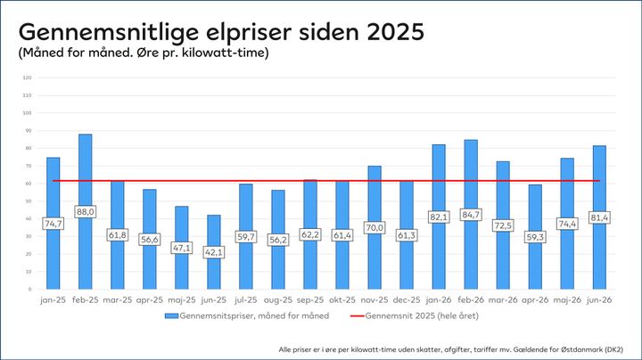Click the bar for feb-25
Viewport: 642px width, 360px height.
pyautogui.click(x=86, y=211)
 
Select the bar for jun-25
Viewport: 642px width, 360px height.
pyautogui.click(x=214, y=252)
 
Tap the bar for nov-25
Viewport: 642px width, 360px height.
pyautogui.click(x=374, y=227)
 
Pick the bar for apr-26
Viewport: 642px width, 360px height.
pyautogui.click(x=535, y=237)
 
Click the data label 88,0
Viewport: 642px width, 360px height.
pyautogui.click(x=86, y=211)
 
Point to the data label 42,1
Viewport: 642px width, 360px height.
pyautogui.click(x=214, y=252)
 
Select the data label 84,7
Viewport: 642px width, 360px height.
pyautogui.click(x=471, y=215)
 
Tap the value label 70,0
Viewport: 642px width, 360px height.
pyautogui.click(x=374, y=227)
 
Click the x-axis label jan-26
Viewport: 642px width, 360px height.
pyautogui.click(x=439, y=300)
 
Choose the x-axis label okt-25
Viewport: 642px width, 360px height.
pyautogui.click(x=342, y=300)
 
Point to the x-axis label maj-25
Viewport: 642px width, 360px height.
pyautogui.click(x=182, y=300)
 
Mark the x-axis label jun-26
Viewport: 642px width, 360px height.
pyautogui.click(x=599, y=300)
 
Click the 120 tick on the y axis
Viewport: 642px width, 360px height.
pyautogui.click(x=28, y=78)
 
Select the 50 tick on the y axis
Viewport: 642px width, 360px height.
pyautogui.click(x=29, y=201)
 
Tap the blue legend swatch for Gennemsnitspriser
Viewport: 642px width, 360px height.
pyautogui.click(x=171, y=315)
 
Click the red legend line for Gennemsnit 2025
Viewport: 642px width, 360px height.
pyautogui.click(x=357, y=315)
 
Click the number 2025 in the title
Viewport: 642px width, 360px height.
pyautogui.click(x=396, y=31)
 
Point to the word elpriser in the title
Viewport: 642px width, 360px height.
pyautogui.click(x=249, y=33)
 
